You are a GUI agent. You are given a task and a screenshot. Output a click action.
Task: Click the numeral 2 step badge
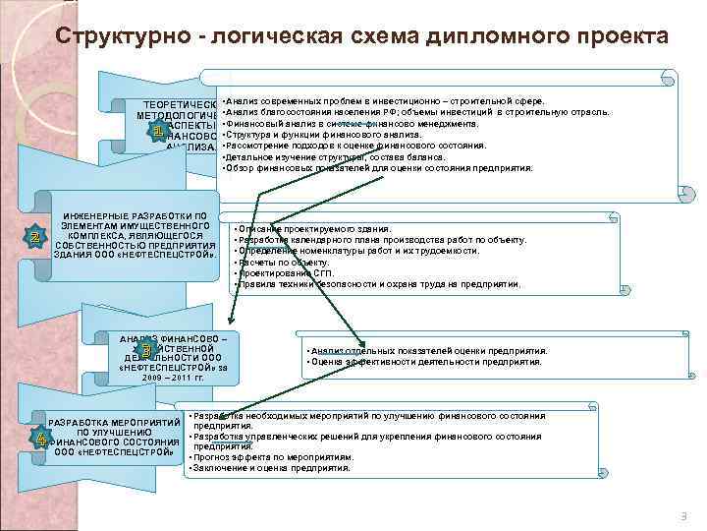point(35,238)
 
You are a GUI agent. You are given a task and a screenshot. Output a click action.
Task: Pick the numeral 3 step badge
point(145,350)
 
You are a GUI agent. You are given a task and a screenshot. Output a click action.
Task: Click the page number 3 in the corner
point(683,516)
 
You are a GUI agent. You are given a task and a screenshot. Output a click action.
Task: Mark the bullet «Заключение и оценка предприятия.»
point(271,468)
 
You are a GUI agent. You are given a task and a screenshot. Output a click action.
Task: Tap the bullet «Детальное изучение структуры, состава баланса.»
point(335,156)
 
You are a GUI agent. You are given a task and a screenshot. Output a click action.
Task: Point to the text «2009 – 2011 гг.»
point(171,378)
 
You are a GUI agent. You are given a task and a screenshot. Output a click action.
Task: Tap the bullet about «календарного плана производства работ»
point(383,240)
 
